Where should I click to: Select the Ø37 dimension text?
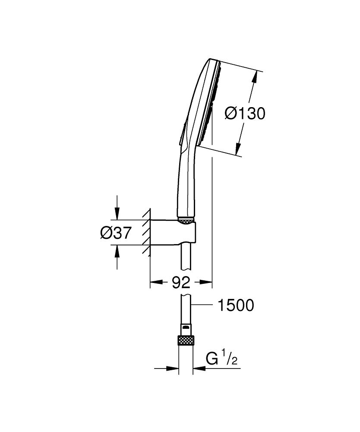pos(115,233)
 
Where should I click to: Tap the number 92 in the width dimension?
pos(181,283)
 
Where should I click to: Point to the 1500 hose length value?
pos(236,306)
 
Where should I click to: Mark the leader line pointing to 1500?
pos(202,305)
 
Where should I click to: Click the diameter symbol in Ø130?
pos(231,114)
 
